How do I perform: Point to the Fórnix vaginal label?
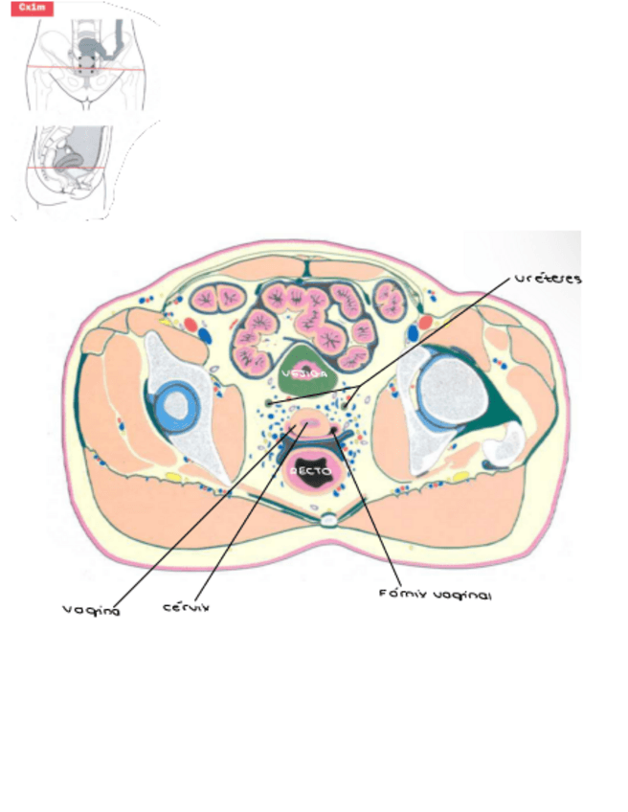435,595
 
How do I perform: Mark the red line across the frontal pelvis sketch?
86,69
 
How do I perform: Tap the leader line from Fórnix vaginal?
369,517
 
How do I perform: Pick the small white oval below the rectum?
328,521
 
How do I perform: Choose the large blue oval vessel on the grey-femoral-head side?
413,333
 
